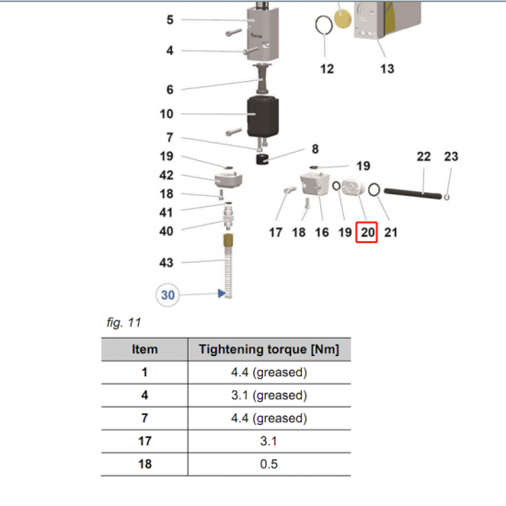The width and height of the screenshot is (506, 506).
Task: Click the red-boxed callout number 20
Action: [366, 232]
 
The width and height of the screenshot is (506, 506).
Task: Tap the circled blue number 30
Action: [167, 295]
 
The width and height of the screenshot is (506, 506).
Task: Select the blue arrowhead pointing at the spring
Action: [222, 293]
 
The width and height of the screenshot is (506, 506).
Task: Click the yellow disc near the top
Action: [342, 18]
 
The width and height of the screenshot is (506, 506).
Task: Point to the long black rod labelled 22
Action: [412, 193]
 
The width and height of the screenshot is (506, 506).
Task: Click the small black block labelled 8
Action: [262, 159]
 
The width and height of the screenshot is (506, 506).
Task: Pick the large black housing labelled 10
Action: [263, 117]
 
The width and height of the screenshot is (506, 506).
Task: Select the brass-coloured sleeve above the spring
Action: [228, 241]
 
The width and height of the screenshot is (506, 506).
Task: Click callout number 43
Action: [167, 263]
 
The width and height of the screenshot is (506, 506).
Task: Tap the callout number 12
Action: [327, 69]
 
